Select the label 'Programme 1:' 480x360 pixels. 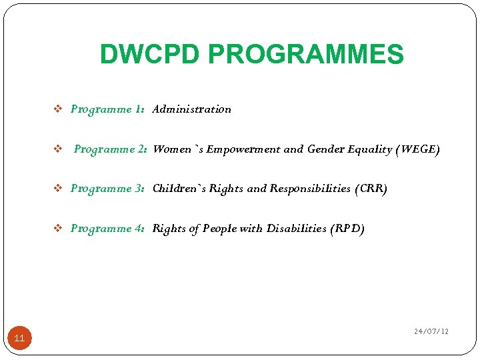pyautogui.click(x=108, y=109)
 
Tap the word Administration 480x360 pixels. pyautogui.click(x=192, y=109)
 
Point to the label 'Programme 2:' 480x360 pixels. pyautogui.click(x=111, y=149)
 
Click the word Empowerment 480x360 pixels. pyautogui.click(x=243, y=149)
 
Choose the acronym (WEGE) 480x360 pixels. pyautogui.click(x=417, y=149)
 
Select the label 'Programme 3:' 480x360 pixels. pyautogui.click(x=108, y=189)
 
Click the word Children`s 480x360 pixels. pyautogui.click(x=179, y=189)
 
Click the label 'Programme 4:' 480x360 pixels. pyautogui.click(x=108, y=229)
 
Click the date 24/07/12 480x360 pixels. pyautogui.click(x=431, y=331)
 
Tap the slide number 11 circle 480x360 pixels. pyautogui.click(x=19, y=339)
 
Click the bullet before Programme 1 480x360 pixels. pyautogui.click(x=57, y=109)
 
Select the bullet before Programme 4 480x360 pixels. pyautogui.click(x=57, y=229)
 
